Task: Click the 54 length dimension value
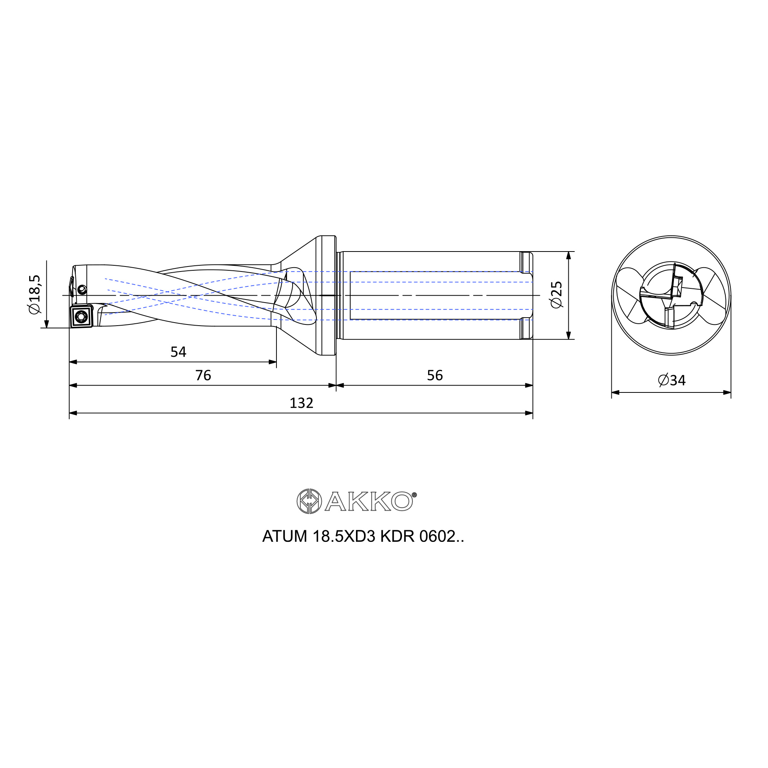[178, 352]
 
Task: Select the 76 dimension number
[203, 375]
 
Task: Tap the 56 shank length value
[435, 375]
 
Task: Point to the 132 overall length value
[301, 403]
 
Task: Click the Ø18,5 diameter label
[35, 294]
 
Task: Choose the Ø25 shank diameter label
[556, 295]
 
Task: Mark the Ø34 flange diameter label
[672, 381]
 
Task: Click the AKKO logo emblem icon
[309, 501]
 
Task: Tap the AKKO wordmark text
[369, 502]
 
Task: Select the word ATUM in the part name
[285, 537]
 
